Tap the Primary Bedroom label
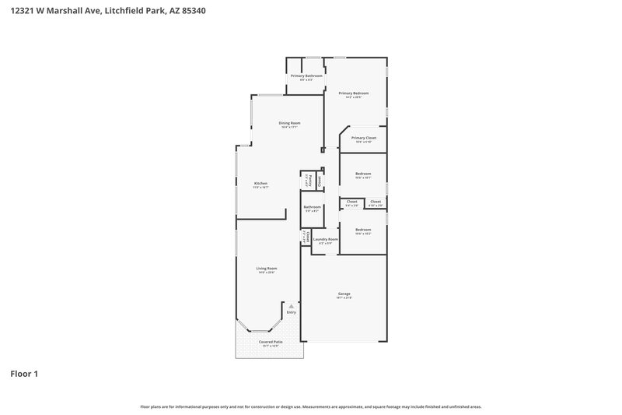[x=353, y=93]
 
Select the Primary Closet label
[x=363, y=138]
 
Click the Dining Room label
[x=289, y=123]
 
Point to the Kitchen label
[x=260, y=184]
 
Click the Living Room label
[x=267, y=269]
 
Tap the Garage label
[x=344, y=294]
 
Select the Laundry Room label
[x=326, y=239]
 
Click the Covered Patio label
[x=270, y=341]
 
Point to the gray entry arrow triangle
[x=291, y=307]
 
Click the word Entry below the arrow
[x=291, y=312]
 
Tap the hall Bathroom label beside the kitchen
[x=312, y=207]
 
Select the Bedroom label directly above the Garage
[x=363, y=230]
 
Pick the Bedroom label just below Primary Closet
[x=363, y=174]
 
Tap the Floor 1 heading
[x=24, y=374]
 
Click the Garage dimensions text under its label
[x=344, y=298]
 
